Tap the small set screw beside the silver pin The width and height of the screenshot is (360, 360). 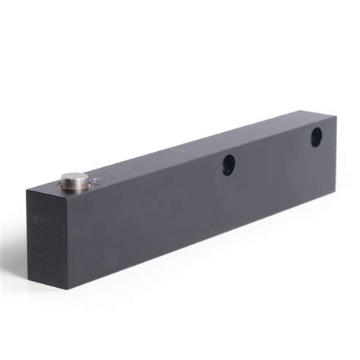pos(96,180)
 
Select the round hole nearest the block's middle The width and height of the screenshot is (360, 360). pos(228,163)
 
